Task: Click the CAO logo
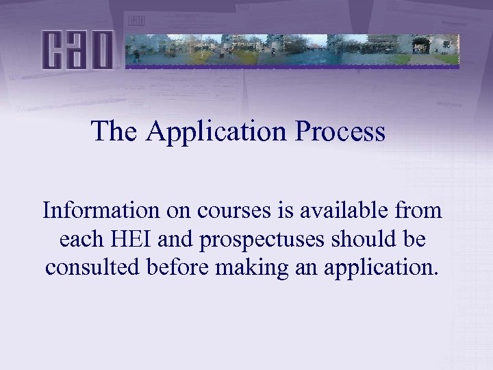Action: click(77, 49)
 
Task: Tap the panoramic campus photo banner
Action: click(292, 49)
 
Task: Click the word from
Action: click(419, 210)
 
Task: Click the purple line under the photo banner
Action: click(292, 67)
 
